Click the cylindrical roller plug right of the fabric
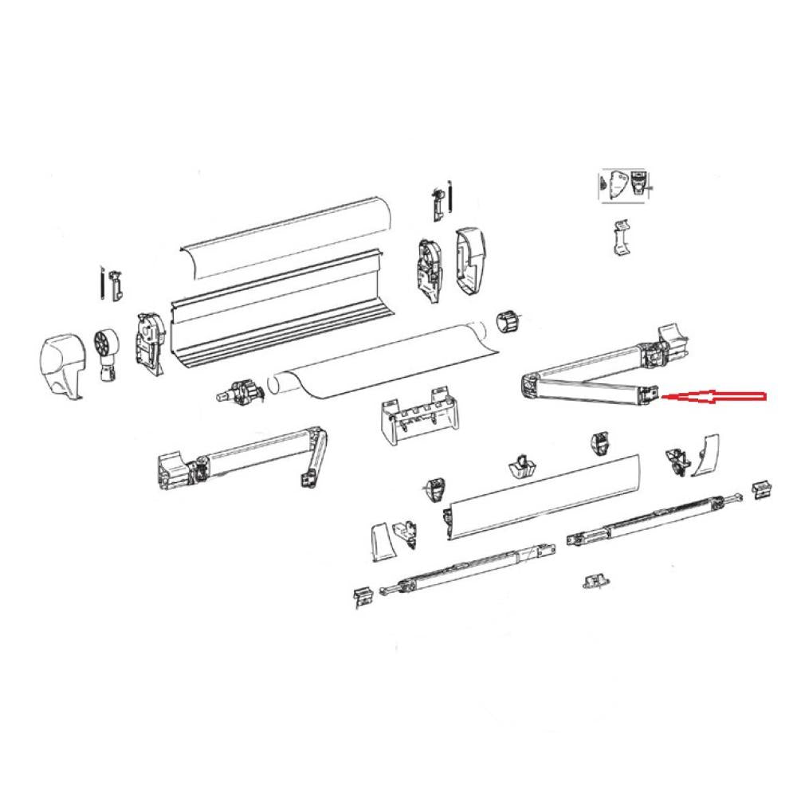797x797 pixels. (x=507, y=323)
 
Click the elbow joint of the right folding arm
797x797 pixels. (x=528, y=387)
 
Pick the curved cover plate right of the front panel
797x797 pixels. (x=705, y=455)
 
